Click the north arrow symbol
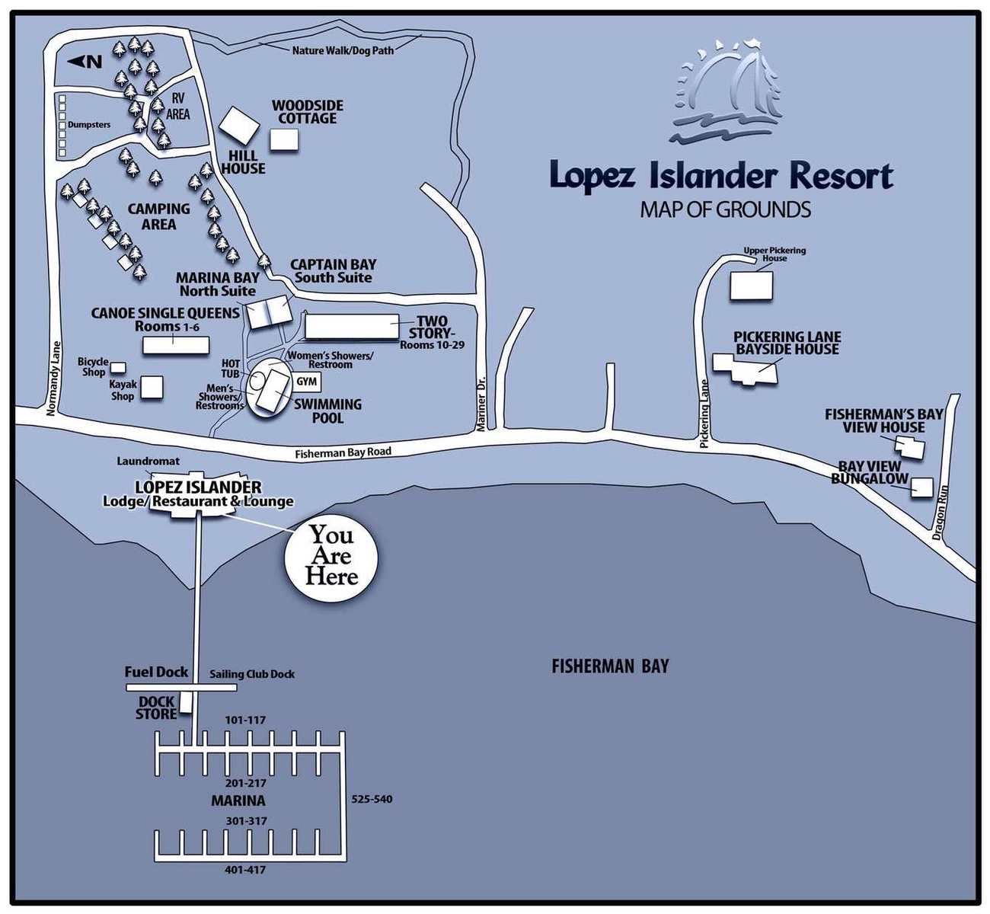[x=84, y=62]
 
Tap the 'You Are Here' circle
[x=331, y=556]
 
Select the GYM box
[x=306, y=382]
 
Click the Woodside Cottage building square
[x=284, y=139]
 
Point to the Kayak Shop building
[x=152, y=387]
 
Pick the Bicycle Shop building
[x=118, y=368]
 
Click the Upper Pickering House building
[x=751, y=285]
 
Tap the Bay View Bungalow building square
[x=921, y=487]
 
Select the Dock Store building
[x=185, y=702]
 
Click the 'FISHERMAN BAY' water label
[x=610, y=666]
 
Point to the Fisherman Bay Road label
[x=343, y=452]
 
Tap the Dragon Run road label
[x=940, y=513]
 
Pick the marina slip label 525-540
[x=372, y=799]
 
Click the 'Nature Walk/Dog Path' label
[x=343, y=51]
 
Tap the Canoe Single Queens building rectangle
[x=176, y=345]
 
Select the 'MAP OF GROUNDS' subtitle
[x=725, y=209]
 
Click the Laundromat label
[x=148, y=461]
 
